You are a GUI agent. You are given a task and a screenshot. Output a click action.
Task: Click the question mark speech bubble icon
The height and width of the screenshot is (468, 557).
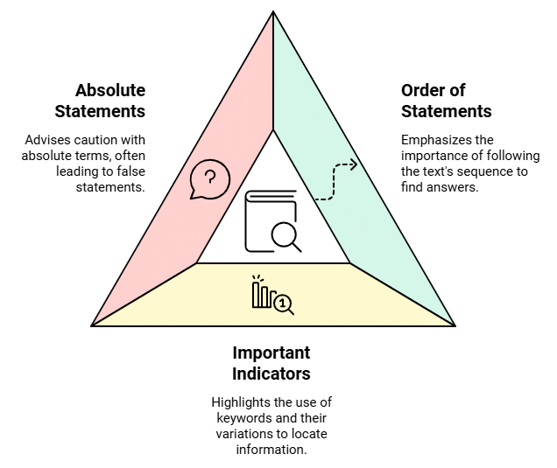point(210,179)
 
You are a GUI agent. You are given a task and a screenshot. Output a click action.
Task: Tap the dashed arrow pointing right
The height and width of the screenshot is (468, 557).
point(335,176)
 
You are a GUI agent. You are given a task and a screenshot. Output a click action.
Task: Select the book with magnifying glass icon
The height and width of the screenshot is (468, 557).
point(272,220)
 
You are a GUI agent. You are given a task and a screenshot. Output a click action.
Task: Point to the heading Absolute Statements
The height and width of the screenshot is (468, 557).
point(100,101)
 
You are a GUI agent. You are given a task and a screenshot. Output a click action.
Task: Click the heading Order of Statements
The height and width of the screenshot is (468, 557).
point(446,101)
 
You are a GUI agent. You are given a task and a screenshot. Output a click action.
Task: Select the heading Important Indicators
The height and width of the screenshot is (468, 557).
point(271,363)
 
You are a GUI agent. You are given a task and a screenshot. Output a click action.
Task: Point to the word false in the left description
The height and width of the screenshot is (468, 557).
point(127,171)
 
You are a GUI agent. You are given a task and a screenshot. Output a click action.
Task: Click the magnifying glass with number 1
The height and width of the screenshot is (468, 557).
point(284,304)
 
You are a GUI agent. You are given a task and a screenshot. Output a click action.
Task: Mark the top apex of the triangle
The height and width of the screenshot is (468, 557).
point(273,11)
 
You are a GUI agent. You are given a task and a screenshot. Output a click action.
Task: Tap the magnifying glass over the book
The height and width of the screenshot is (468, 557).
point(285,234)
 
